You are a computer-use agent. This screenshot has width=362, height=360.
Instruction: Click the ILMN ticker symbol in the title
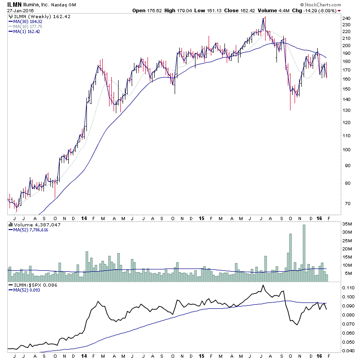pos(14,4)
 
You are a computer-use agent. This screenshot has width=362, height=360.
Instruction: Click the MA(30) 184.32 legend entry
pos(28,21)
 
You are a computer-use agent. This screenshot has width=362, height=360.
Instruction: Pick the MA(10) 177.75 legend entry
pos(28,26)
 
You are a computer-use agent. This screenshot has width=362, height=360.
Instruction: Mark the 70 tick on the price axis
pos(345,203)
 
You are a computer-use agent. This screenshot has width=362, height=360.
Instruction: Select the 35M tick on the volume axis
pos(347,224)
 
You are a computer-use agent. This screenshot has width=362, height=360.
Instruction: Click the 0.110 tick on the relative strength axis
pos(348,288)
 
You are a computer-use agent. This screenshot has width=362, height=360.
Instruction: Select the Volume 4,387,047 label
pos(31,225)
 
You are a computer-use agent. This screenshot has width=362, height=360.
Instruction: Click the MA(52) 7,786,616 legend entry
pos(31,230)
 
